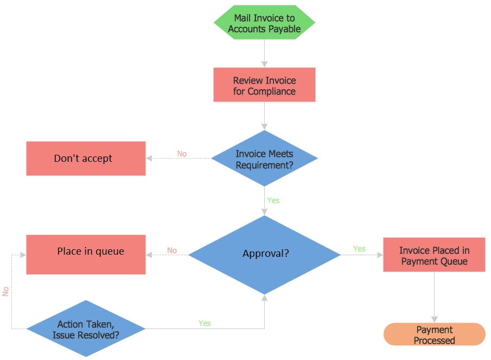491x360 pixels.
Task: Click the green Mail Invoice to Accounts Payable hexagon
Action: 264,22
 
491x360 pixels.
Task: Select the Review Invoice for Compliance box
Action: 264,85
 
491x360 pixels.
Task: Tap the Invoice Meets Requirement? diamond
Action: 264,158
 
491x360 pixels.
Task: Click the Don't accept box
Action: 86,159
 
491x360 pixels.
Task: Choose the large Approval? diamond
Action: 264,255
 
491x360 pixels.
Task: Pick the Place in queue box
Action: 86,255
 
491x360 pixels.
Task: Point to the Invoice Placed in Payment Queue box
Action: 434,255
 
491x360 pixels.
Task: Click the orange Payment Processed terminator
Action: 435,334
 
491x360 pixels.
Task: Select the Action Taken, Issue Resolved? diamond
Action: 86,329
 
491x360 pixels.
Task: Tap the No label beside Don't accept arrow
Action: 182,154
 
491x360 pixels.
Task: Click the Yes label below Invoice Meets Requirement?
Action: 273,200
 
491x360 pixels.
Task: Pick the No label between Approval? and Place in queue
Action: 172,250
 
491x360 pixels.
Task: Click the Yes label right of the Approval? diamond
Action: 359,249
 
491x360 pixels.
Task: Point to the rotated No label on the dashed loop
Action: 5,292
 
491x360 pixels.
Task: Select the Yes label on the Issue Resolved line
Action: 205,323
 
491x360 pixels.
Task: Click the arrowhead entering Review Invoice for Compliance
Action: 264,64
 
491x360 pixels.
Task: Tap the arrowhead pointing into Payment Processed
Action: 435,320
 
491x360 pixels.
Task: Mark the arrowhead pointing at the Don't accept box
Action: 149,158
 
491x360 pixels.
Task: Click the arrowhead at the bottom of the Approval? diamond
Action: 264,298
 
